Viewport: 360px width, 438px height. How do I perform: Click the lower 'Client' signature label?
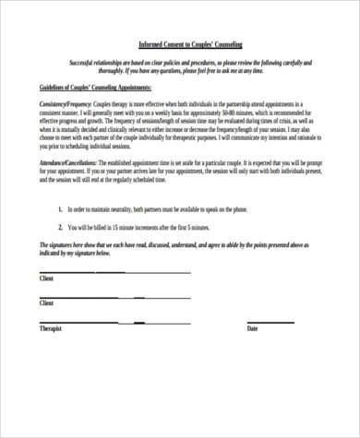(x=46, y=302)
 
